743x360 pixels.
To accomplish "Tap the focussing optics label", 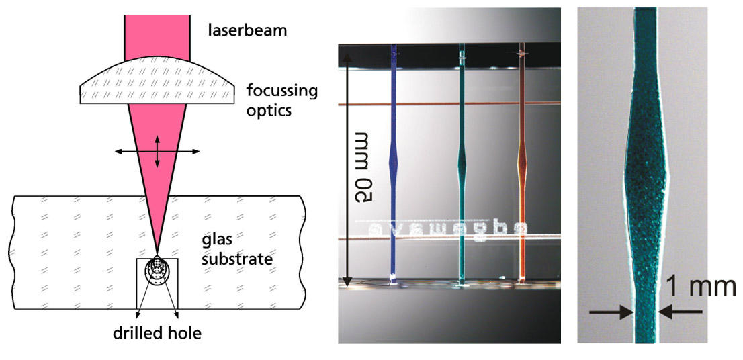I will click(x=282, y=99).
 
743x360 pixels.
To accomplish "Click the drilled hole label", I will click(x=157, y=332).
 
